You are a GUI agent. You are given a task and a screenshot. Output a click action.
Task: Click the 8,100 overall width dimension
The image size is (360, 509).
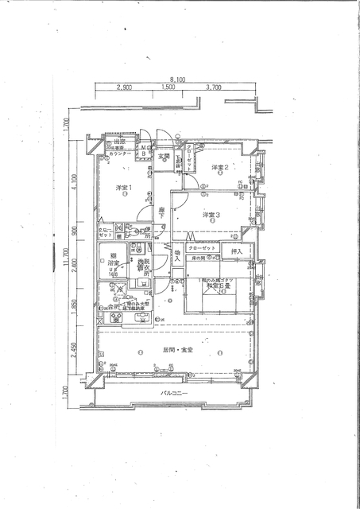(176, 80)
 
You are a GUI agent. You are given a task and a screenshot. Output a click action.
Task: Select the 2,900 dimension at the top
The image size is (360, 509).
(123, 88)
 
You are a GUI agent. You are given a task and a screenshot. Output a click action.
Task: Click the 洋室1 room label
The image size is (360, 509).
(122, 188)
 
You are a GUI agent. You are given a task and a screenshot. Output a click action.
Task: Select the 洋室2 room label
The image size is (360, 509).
(219, 168)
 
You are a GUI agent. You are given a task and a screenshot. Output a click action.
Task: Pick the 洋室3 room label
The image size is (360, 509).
(210, 215)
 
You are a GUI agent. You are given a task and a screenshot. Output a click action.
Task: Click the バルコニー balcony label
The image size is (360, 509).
(174, 394)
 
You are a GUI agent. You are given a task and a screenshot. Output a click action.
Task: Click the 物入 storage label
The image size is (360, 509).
(177, 256)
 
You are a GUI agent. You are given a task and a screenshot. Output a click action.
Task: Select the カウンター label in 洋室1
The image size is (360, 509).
(121, 153)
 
